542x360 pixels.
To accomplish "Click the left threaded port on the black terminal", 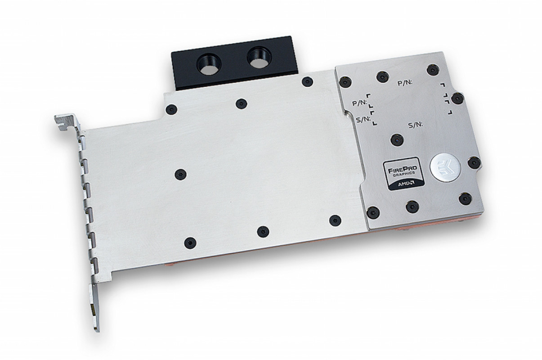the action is pos(209,64).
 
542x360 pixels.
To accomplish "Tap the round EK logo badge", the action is pos(445,167).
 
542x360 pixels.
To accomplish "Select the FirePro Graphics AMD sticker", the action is pos(403,173).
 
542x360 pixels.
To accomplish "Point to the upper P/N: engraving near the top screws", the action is pos(405,83).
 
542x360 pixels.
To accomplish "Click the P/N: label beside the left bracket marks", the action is pos(360,103).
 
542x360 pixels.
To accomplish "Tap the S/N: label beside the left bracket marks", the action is pos(364,119).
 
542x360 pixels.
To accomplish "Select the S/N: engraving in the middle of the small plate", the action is pos(416,125).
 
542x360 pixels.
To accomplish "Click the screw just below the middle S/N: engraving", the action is pos(397,139).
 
